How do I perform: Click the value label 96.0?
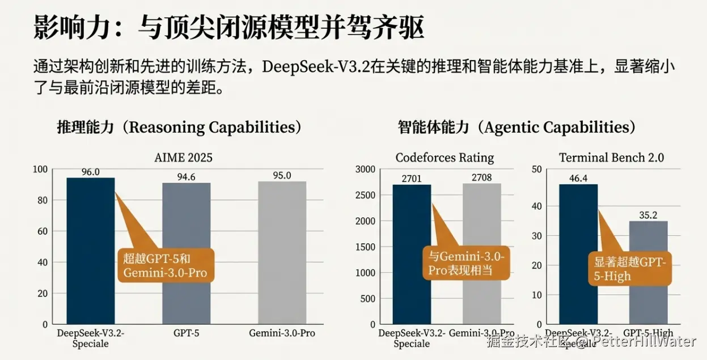pyautogui.click(x=91, y=172)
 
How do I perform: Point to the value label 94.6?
pyautogui.click(x=186, y=177)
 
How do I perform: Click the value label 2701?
pyautogui.click(x=412, y=179)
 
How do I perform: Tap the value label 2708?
pyautogui.click(x=482, y=177)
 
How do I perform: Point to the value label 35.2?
pyautogui.click(x=648, y=215)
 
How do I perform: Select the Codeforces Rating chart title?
pyautogui.click(x=444, y=157)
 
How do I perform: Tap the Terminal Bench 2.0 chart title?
pyautogui.click(x=611, y=157)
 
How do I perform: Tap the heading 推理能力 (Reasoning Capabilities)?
pyautogui.click(x=179, y=127)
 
